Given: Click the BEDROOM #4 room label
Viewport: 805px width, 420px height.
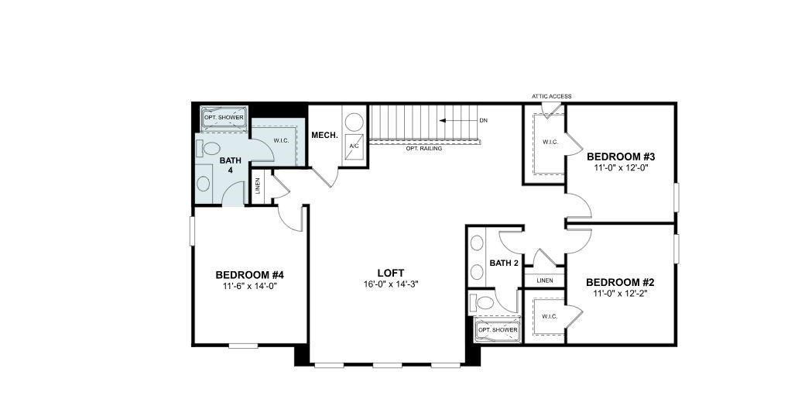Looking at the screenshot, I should [250, 275].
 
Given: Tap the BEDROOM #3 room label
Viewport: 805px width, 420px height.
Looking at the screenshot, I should [621, 155].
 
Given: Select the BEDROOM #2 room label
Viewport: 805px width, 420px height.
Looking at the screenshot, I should [620, 282].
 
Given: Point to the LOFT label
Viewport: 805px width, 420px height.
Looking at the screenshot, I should [391, 273].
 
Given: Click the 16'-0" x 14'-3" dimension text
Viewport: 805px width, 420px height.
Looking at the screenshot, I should [391, 284].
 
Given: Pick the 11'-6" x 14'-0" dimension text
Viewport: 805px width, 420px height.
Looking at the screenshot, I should [250, 287].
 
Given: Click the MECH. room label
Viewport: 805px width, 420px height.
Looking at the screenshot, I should [324, 136].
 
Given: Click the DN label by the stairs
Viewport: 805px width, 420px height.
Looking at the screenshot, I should [483, 121].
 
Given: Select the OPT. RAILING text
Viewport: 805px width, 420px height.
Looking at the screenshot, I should [424, 148].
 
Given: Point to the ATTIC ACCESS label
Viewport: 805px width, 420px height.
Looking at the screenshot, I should [551, 97].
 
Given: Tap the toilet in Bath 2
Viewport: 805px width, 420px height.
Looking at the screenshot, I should [482, 302].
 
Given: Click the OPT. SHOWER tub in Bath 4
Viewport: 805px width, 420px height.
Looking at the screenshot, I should [224, 118].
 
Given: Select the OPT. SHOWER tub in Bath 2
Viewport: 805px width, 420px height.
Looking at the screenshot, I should [498, 330].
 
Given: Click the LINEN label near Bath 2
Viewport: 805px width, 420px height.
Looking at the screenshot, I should [545, 280].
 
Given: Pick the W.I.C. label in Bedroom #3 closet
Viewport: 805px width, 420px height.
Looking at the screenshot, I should [550, 142].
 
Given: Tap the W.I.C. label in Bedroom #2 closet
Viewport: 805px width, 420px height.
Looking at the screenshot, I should [550, 316].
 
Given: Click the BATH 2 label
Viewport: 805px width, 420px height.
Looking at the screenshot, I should [504, 263].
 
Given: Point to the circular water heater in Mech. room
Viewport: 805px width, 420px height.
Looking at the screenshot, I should [354, 122].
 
